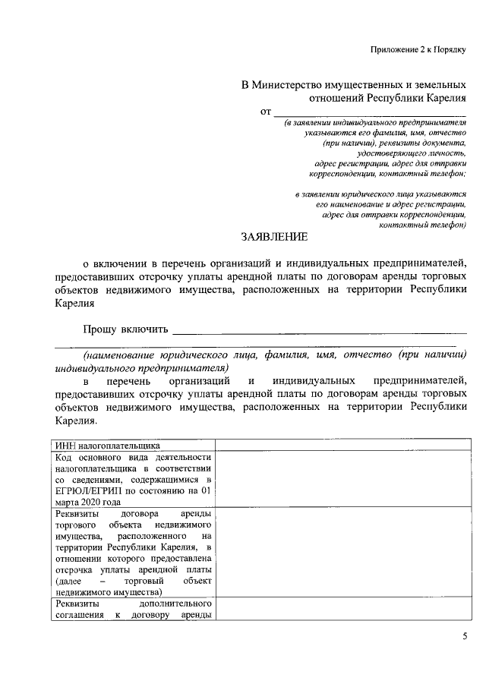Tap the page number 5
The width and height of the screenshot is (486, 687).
tap(464, 636)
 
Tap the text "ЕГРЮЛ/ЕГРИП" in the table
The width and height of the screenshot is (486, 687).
tap(89, 490)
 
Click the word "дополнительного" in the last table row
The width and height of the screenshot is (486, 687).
tap(173, 603)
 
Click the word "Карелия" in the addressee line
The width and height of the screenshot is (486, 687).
tap(446, 98)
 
